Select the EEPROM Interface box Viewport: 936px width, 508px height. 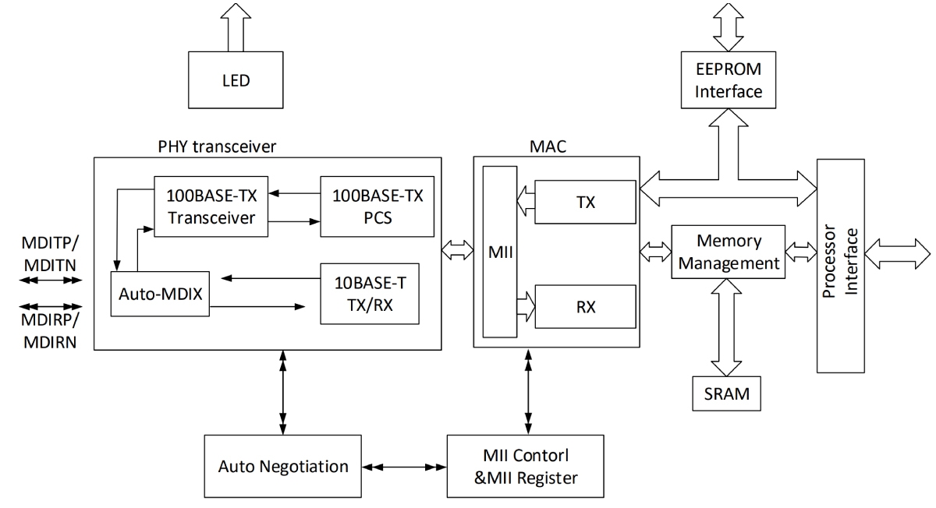coord(728,80)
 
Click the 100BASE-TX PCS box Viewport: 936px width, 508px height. coord(377,206)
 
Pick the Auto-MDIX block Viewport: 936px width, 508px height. coord(160,295)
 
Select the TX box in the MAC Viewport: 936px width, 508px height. coord(585,202)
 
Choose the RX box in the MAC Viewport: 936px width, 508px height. coord(585,307)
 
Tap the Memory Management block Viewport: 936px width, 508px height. coord(727,252)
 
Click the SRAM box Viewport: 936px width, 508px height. coord(727,393)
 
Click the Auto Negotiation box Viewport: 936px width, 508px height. coord(283,467)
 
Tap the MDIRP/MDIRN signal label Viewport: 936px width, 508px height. coord(48,331)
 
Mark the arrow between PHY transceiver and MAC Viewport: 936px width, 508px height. coord(457,252)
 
